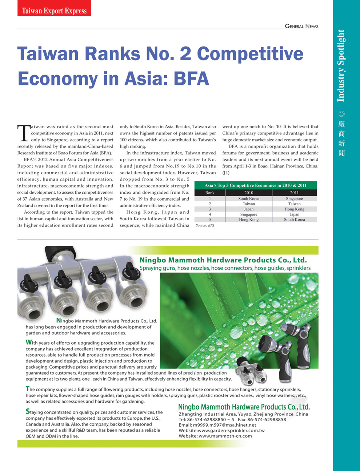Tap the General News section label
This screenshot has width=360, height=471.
tap(301, 26)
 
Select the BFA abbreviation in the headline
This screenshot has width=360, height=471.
tap(191, 78)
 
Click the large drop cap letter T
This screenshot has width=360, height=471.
tap(24, 133)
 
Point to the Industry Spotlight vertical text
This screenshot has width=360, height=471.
tap(341, 65)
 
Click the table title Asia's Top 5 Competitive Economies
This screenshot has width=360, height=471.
tap(255, 185)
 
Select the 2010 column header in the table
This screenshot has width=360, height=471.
tap(249, 193)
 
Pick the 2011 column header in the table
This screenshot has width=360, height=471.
tap(294, 193)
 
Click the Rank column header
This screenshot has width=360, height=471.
tap(210, 193)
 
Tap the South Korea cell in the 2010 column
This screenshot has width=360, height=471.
tap(249, 198)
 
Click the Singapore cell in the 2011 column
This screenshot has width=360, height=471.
tap(294, 198)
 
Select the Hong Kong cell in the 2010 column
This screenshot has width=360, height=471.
tap(249, 220)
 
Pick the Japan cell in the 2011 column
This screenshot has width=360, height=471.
tap(294, 214)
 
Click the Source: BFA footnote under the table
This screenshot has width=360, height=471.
tap(205, 225)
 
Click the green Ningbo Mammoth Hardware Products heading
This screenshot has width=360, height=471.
tap(223, 260)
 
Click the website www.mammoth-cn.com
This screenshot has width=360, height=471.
tap(225, 436)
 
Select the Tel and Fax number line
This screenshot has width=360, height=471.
tap(232, 419)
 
